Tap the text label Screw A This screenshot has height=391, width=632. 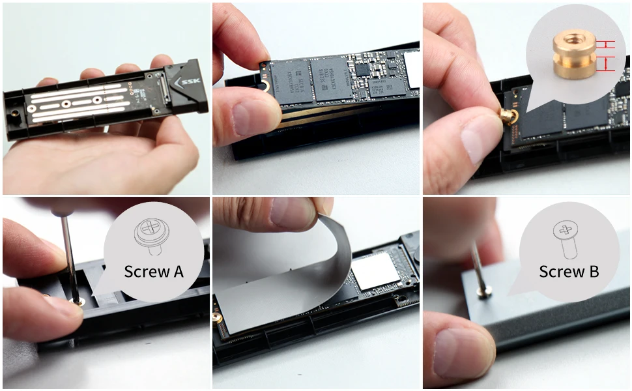click(x=154, y=271)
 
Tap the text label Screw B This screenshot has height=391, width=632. click(x=569, y=271)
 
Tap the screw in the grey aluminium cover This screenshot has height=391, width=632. click(x=483, y=295)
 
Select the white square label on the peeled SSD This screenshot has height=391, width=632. click(x=375, y=271)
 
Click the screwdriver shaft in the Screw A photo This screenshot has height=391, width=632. click(x=67, y=254)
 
